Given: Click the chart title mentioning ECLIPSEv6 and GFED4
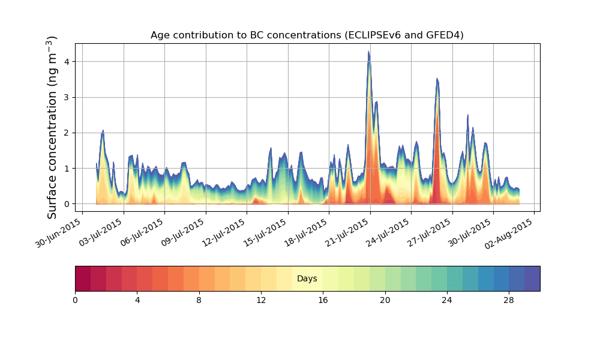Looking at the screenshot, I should tap(307, 35).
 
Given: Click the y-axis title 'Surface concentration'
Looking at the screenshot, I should tap(53, 127).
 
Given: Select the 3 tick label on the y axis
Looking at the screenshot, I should tap(67, 97).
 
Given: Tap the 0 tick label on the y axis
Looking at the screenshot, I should tap(67, 204).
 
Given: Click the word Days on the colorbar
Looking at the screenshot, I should tap(307, 279).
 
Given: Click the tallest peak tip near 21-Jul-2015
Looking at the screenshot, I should tap(368, 52).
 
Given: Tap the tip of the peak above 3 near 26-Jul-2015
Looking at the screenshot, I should tap(437, 79).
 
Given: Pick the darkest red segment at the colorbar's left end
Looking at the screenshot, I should tap(83, 279).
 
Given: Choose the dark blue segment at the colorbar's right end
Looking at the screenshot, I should tap(532, 279).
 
